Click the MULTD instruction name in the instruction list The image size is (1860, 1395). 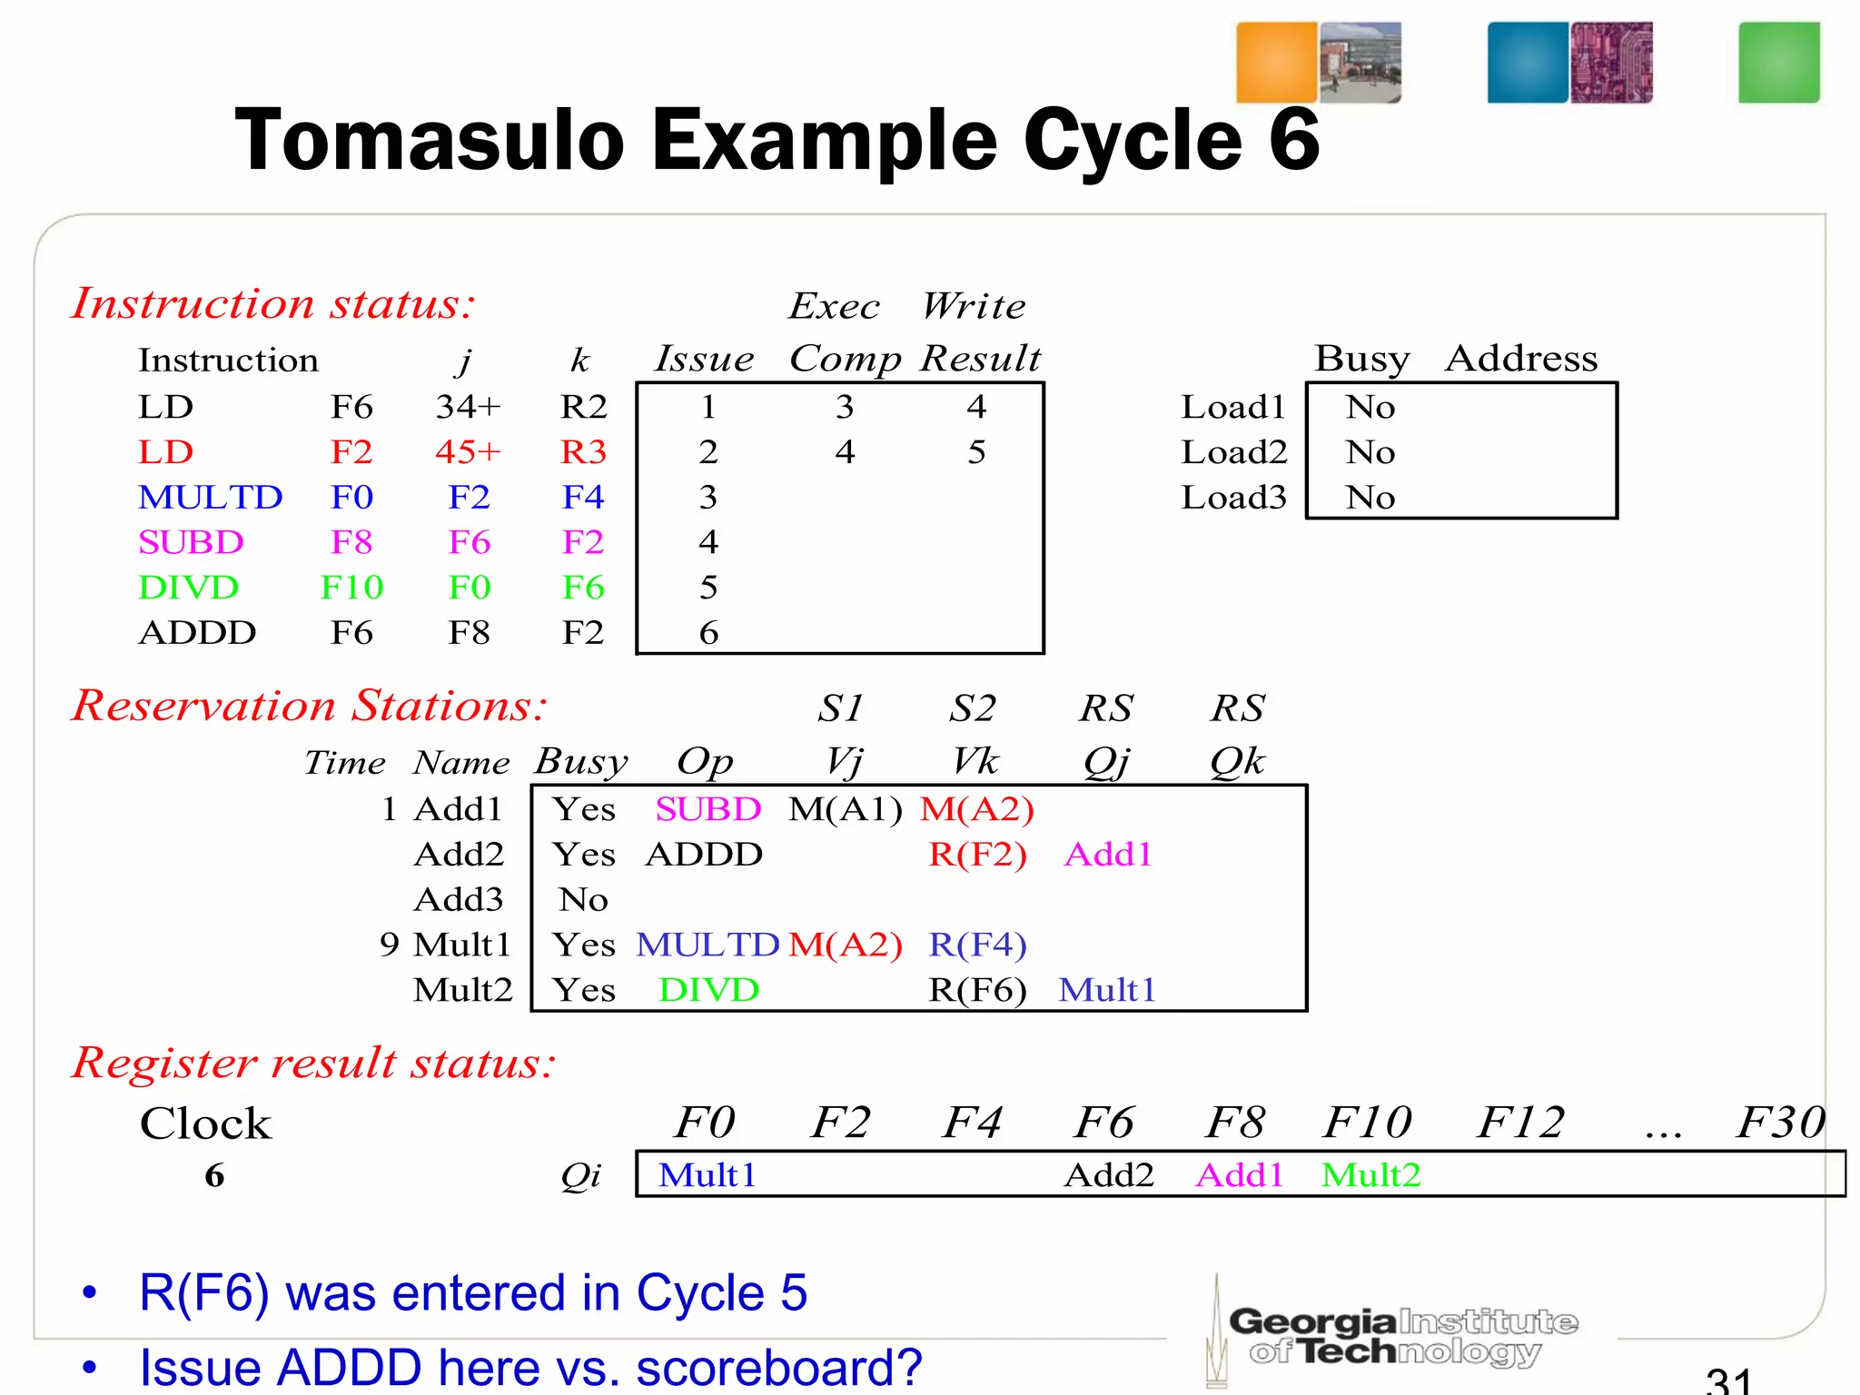pyautogui.click(x=210, y=498)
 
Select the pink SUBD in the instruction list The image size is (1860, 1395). pyautogui.click(x=191, y=542)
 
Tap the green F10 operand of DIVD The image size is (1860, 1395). pyautogui.click(x=351, y=588)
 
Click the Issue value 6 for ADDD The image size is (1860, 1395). pyautogui.click(x=708, y=633)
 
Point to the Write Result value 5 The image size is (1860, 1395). pyautogui.click(x=976, y=452)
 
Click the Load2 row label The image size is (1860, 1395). pyautogui.click(x=1233, y=452)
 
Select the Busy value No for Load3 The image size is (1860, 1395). pyautogui.click(x=1370, y=498)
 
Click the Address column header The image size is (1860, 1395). pyautogui.click(x=1521, y=359)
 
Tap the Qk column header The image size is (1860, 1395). pyautogui.click(x=1237, y=761)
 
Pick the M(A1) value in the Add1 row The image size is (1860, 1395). pyautogui.click(x=846, y=809)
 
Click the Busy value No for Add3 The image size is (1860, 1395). pyautogui.click(x=583, y=900)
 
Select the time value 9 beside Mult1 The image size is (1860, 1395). pyautogui.click(x=390, y=945)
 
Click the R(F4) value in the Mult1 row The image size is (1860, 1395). pyautogui.click(x=977, y=945)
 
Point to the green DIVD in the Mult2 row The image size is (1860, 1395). pyautogui.click(x=708, y=990)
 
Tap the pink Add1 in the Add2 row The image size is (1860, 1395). pyautogui.click(x=1108, y=855)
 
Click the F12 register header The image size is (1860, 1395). pyautogui.click(x=1520, y=1123)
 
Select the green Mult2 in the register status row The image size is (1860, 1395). pyautogui.click(x=1370, y=1175)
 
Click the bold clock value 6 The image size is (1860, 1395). pyautogui.click(x=214, y=1175)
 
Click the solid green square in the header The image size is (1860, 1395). pyautogui.click(x=1778, y=63)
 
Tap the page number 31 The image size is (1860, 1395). pyautogui.click(x=1727, y=1380)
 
